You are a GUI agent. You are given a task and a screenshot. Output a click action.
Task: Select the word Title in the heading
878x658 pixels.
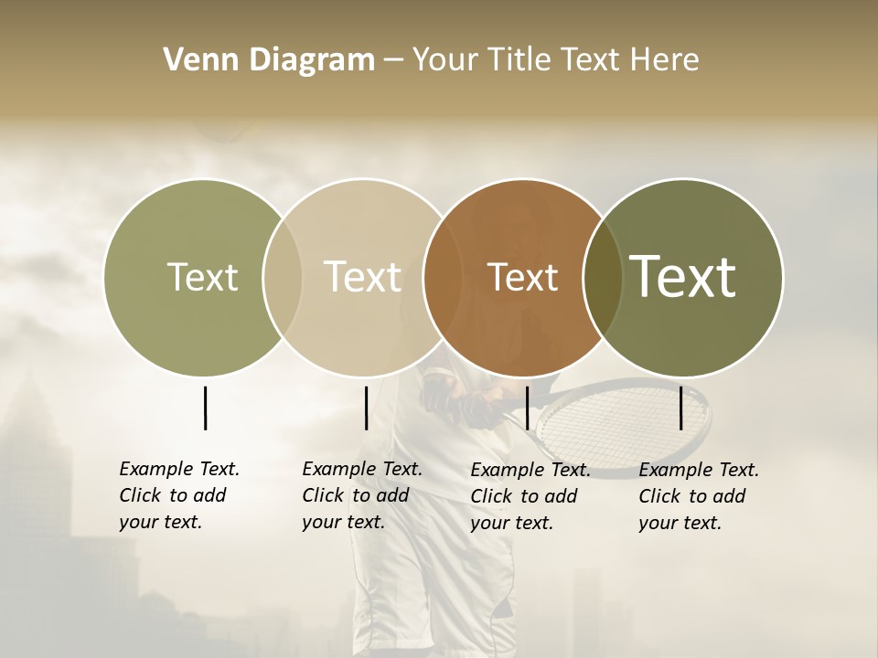pos(522,60)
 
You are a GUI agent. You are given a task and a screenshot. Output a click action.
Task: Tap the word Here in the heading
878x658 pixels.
pos(665,60)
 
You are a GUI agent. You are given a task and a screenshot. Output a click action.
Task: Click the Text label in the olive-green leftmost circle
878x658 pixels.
pos(202,277)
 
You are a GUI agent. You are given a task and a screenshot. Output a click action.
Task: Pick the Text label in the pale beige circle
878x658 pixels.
pos(362,277)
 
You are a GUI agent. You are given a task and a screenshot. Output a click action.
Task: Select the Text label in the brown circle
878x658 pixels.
pos(522,277)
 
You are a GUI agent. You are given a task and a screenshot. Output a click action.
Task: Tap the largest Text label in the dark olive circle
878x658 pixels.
pos(682,276)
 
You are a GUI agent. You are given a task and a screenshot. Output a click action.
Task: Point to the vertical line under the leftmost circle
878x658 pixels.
pos(205,408)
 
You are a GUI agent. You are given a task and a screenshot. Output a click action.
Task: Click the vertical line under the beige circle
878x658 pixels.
pos(366,408)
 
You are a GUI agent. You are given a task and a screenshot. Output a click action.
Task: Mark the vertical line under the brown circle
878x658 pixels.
pos(527,408)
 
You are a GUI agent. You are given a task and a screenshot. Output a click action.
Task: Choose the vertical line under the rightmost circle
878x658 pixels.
pos(681,408)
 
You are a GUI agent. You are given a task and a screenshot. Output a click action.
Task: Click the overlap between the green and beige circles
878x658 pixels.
pos(283,278)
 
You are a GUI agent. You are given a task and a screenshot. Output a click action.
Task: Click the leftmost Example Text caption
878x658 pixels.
pos(178,495)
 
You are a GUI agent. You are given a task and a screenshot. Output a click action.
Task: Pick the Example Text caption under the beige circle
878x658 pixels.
pos(361,495)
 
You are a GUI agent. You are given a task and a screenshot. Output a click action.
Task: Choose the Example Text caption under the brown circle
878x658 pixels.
pos(530,496)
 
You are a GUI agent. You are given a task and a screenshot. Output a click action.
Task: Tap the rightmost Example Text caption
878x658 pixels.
pos(698,496)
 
